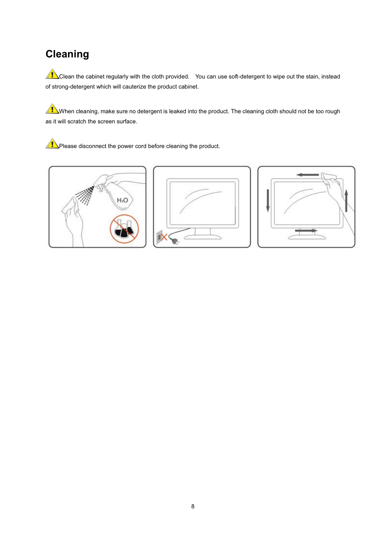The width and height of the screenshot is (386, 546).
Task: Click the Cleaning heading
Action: [67, 54]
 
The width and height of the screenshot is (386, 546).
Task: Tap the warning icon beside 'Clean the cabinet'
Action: [52, 74]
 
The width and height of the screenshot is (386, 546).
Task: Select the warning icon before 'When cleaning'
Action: [52, 109]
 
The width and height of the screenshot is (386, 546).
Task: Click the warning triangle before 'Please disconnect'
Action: [52, 144]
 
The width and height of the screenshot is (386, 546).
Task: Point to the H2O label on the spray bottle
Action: [122, 200]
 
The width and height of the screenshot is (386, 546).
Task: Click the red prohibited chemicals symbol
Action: [124, 229]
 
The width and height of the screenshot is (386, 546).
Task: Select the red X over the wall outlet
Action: [164, 237]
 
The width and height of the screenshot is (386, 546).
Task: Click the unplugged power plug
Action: [175, 241]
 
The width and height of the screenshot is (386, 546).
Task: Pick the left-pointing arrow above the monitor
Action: [308, 175]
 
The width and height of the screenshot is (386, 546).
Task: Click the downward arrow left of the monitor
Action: [268, 200]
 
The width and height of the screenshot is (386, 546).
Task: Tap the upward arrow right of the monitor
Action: [346, 200]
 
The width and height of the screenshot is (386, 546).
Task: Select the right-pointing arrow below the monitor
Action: [306, 231]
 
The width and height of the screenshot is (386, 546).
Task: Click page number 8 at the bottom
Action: [193, 506]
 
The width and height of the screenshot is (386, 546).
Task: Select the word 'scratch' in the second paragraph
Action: [77, 121]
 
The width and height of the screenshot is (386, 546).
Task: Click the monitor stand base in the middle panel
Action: [202, 237]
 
